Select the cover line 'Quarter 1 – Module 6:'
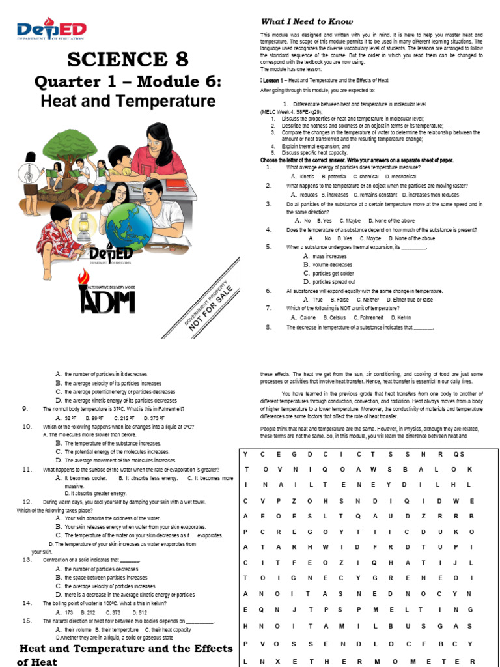pos(128,83)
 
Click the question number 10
pos(27,427)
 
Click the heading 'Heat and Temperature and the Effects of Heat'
pos(125,655)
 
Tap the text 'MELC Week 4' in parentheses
pos(284,112)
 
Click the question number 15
pos(27,621)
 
